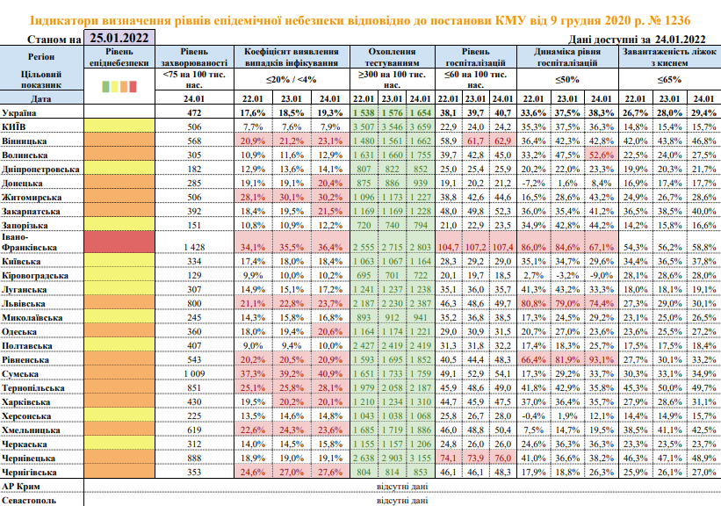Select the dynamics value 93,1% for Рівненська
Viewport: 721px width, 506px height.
600,361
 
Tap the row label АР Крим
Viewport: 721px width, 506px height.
21,485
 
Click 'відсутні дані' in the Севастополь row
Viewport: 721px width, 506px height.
401,500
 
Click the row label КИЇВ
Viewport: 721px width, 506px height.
17,126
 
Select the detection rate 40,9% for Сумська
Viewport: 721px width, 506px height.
330,373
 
